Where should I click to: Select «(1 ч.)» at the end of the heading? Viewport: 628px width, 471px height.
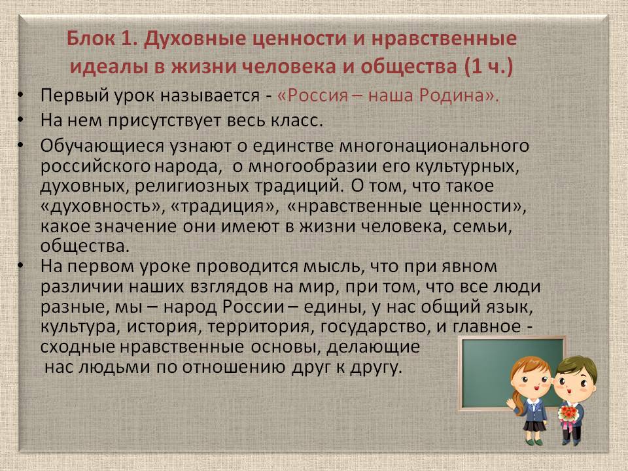pyautogui.click(x=489, y=67)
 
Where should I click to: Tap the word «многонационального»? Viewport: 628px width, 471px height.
pyautogui.click(x=434, y=146)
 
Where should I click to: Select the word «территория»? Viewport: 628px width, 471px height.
pyautogui.click(x=259, y=327)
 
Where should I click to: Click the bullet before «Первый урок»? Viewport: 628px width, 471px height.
pyautogui.click(x=20, y=96)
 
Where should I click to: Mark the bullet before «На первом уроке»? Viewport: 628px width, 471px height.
pyautogui.click(x=20, y=266)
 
